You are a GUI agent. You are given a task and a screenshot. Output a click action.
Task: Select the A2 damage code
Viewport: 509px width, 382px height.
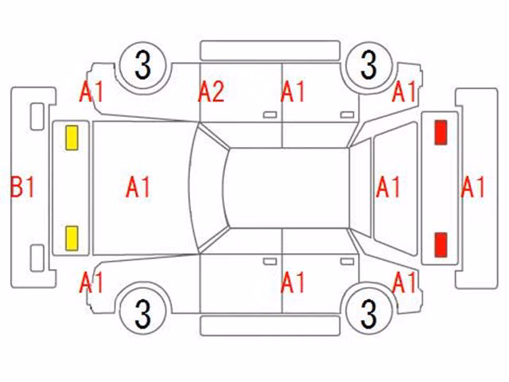212,92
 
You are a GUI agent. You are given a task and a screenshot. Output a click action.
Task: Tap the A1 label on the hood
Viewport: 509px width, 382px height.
138,187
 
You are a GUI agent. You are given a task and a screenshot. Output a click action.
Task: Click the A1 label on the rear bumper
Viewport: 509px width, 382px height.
472,187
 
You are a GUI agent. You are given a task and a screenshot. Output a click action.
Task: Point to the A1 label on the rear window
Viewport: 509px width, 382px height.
388,187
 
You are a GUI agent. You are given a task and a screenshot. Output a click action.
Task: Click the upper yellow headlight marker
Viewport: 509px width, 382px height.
72,138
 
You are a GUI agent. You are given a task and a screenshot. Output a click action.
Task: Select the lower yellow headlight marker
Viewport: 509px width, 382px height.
72,239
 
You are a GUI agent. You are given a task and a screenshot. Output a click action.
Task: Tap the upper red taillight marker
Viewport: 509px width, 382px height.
441,132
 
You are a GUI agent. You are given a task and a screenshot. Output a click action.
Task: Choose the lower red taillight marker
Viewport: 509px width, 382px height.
441,244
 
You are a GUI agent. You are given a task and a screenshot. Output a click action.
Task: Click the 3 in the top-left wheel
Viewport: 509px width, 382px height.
143,65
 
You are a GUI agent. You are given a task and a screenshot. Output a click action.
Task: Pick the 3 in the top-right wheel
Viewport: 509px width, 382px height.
368,65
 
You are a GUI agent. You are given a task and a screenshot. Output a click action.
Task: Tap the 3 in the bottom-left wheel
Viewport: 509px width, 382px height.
143,313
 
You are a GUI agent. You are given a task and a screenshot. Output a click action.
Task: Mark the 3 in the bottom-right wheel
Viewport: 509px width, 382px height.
368,313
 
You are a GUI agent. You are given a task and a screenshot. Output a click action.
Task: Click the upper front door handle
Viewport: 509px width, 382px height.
270,115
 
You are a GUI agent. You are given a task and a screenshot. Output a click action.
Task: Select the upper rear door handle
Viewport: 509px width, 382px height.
348,115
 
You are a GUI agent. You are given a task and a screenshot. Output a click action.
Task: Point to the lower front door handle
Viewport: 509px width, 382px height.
270,262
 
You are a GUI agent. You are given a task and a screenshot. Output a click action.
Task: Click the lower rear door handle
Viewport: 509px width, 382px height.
348,262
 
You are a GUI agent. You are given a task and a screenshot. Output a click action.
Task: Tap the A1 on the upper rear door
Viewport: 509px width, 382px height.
293,92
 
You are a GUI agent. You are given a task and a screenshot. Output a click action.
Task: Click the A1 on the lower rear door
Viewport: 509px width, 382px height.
293,282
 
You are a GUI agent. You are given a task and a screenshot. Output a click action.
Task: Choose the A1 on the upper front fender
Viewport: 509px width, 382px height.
91,92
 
